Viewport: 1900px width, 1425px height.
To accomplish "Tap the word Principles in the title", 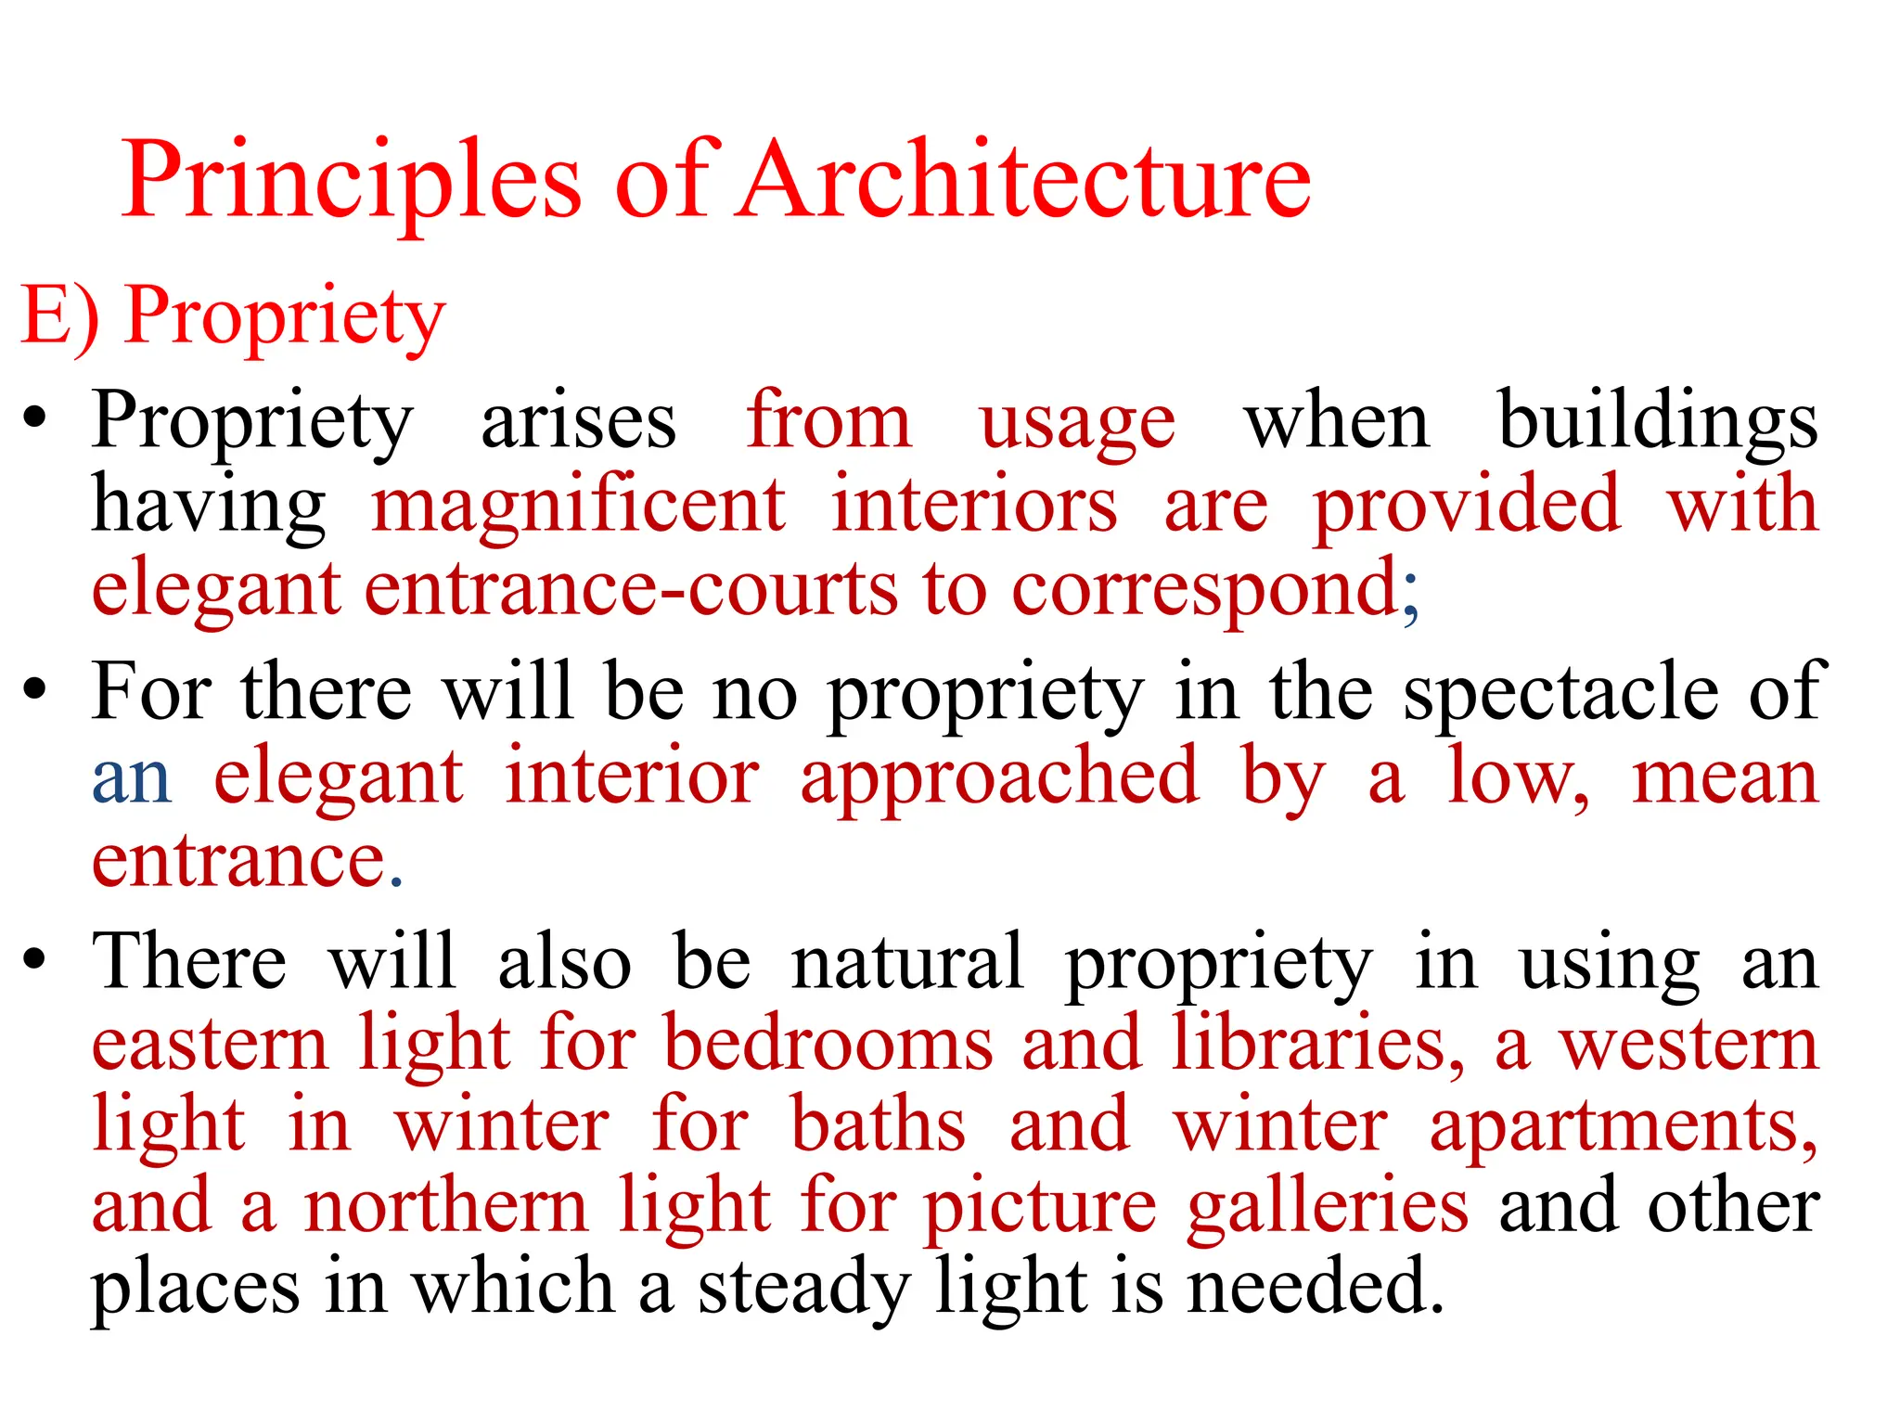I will [x=352, y=181].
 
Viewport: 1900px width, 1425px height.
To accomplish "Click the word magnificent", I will [x=579, y=507].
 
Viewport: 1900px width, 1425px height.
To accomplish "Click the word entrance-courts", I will [x=632, y=589].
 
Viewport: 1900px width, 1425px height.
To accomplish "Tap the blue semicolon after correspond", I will [x=1410, y=594].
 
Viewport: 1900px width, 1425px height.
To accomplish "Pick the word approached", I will [x=1000, y=779].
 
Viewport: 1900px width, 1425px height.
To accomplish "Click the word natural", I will [x=907, y=962].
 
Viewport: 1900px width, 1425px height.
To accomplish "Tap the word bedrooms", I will [x=829, y=1044].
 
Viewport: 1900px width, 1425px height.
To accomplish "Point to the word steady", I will [x=803, y=1290].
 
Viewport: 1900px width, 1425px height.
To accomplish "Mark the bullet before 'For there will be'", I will [x=35, y=691].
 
